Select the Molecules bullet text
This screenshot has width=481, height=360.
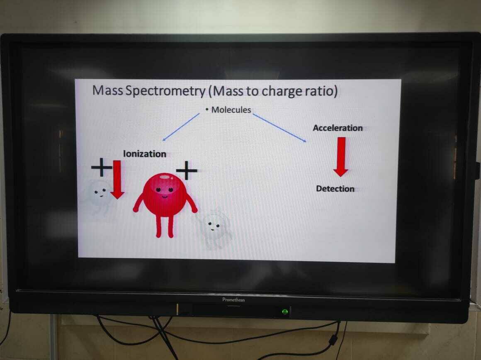click(x=231, y=110)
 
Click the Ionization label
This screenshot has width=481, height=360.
click(x=144, y=154)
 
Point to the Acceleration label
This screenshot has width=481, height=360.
click(x=338, y=128)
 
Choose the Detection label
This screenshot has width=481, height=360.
click(x=335, y=189)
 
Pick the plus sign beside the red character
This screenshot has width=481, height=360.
click(x=187, y=170)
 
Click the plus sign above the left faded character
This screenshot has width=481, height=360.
click(x=101, y=168)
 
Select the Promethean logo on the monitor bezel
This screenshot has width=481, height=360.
click(x=233, y=299)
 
